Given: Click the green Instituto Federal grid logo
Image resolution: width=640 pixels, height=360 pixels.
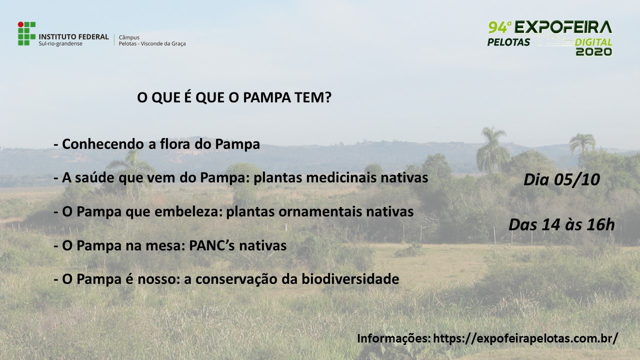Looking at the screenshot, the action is pyautogui.click(x=27, y=33).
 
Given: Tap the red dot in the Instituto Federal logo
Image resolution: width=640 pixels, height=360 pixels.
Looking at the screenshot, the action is pyautogui.click(x=20, y=24).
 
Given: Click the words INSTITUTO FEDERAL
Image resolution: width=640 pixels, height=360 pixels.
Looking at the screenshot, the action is pyautogui.click(x=73, y=37).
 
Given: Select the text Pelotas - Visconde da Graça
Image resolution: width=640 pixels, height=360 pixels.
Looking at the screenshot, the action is pyautogui.click(x=152, y=43).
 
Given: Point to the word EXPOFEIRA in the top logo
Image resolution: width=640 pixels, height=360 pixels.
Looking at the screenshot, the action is pyautogui.click(x=563, y=27).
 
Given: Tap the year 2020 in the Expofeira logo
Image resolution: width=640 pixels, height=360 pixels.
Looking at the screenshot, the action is pyautogui.click(x=593, y=51).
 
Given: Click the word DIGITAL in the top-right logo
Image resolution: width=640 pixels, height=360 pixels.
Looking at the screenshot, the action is pyautogui.click(x=593, y=42).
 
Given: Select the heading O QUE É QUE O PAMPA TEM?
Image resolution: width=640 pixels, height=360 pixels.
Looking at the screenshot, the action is pyautogui.click(x=234, y=97).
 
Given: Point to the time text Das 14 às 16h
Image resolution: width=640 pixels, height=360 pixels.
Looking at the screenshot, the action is pyautogui.click(x=561, y=225).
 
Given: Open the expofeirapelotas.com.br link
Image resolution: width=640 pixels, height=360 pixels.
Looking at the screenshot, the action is pyautogui.click(x=525, y=338).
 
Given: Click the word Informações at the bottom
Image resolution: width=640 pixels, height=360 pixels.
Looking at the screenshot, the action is pyautogui.click(x=394, y=338).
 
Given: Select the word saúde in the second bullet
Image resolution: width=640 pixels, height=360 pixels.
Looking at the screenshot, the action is pyautogui.click(x=94, y=177).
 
